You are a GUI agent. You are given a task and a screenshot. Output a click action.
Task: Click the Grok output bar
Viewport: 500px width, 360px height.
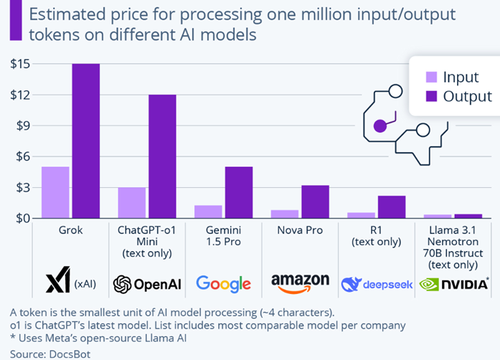point(86,141)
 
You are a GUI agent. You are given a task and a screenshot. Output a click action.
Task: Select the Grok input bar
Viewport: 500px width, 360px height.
point(55,192)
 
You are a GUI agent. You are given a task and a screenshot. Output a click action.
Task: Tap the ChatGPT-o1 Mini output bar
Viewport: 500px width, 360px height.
point(162,156)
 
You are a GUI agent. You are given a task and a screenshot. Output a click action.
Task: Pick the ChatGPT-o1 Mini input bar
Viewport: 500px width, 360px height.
point(132,202)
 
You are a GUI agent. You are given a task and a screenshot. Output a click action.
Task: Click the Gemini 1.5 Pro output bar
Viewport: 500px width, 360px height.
point(239,192)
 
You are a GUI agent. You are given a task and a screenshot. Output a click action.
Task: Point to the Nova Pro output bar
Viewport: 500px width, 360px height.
point(316,202)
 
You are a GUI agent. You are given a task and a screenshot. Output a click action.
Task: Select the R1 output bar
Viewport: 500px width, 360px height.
point(392,207)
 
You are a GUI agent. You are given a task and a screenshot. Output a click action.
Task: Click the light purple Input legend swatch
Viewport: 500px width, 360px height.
point(431,77)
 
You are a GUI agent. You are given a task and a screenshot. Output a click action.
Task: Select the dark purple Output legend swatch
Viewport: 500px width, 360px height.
point(431,96)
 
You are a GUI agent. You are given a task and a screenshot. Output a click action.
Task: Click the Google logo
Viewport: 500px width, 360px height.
point(223,284)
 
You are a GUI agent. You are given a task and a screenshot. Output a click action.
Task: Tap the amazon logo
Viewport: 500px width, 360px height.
point(300,283)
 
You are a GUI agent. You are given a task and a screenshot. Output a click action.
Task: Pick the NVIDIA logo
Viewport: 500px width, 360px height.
point(452,284)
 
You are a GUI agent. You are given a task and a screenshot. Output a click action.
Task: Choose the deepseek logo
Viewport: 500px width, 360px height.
point(377,284)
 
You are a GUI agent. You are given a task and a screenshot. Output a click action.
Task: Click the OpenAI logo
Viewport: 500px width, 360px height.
point(146,284)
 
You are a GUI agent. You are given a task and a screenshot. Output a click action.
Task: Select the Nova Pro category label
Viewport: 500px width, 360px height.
point(300,232)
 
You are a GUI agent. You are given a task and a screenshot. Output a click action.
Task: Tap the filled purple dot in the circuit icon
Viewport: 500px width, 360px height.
point(380,126)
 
